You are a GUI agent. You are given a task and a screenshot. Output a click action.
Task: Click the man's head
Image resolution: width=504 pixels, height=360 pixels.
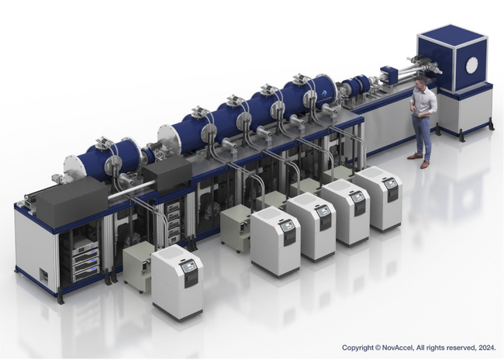(x=421, y=83)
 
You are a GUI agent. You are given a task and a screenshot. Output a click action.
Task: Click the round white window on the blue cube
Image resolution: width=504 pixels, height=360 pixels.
(x=472, y=66)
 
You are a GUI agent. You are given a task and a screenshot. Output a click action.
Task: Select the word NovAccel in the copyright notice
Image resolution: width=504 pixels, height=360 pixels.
(x=397, y=348)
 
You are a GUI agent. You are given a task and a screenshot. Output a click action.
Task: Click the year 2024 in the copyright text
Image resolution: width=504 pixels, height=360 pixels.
(x=488, y=348)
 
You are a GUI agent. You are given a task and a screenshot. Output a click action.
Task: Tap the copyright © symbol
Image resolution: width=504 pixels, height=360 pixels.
(x=378, y=348)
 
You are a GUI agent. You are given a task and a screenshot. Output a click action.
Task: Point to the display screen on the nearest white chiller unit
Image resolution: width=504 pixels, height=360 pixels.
(x=188, y=267)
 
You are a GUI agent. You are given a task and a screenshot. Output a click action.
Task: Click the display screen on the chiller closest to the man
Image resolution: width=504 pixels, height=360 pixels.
(x=390, y=185)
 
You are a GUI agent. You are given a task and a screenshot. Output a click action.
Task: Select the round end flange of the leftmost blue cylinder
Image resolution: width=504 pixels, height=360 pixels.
(x=73, y=170)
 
